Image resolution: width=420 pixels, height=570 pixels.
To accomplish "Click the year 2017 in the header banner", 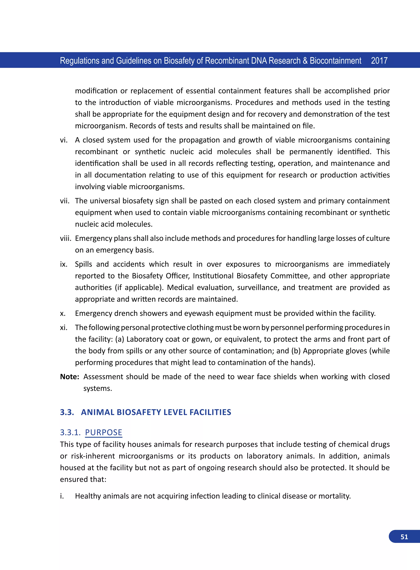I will [x=379, y=61].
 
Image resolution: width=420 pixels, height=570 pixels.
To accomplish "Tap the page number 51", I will [x=404, y=537].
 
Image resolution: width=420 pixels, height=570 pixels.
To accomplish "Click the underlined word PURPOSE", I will [x=104, y=432].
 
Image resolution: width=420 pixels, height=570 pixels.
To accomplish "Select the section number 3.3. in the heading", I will [x=67, y=412].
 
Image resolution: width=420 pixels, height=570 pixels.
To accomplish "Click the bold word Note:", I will [x=69, y=377].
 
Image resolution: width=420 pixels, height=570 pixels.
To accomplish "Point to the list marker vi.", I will [x=64, y=140].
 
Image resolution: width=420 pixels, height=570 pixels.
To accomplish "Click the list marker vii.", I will [x=65, y=201].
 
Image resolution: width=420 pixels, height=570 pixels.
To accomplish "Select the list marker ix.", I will [x=64, y=264].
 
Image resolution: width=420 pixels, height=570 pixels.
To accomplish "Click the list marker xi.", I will [x=64, y=327].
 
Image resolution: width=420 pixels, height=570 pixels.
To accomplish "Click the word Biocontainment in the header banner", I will [x=335, y=61].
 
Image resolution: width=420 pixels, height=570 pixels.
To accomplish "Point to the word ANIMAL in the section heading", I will [x=97, y=412].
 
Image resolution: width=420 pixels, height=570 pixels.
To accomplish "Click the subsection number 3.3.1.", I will [x=70, y=432].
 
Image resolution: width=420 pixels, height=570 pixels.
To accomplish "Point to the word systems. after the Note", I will [x=98, y=388].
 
